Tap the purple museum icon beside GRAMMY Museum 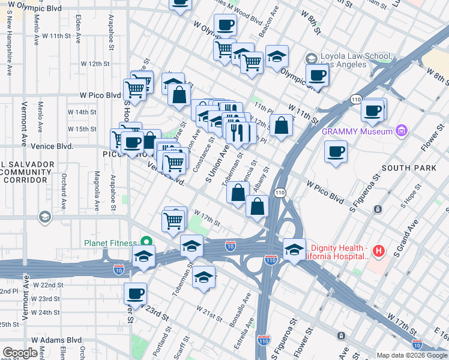402,131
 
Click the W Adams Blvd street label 56,340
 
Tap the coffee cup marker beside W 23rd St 136,294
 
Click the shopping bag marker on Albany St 257,206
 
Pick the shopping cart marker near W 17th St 173,221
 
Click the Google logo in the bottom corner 20,353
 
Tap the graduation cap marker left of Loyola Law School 277,58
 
